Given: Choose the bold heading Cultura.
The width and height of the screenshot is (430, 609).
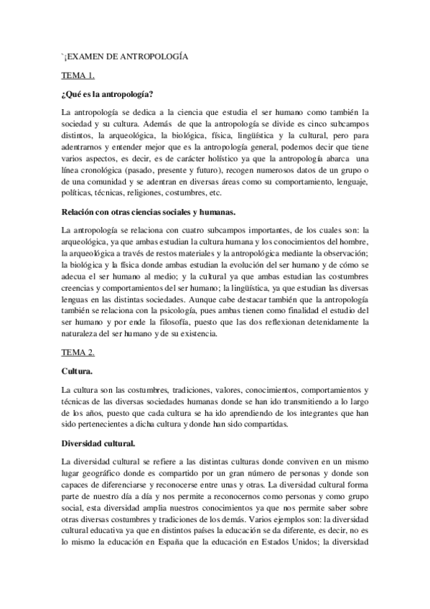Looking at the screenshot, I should (x=78, y=371).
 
